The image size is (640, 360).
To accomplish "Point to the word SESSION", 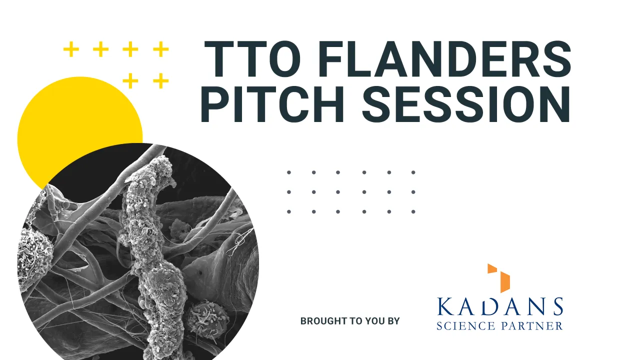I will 466,104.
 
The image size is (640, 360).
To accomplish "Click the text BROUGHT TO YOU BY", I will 350,321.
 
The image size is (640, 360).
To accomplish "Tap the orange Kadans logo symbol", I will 499,278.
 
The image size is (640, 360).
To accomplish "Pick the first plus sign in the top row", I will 71,49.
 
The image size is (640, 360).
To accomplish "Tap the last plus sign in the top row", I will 160,49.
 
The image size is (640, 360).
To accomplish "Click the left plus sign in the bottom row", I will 130,80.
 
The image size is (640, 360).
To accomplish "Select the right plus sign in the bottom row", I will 160,80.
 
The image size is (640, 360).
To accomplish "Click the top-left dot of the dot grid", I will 289,172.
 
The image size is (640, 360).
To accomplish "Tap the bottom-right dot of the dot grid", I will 413,211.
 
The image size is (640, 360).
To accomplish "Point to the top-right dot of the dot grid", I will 413,172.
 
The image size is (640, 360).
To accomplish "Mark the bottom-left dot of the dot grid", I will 289,211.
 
